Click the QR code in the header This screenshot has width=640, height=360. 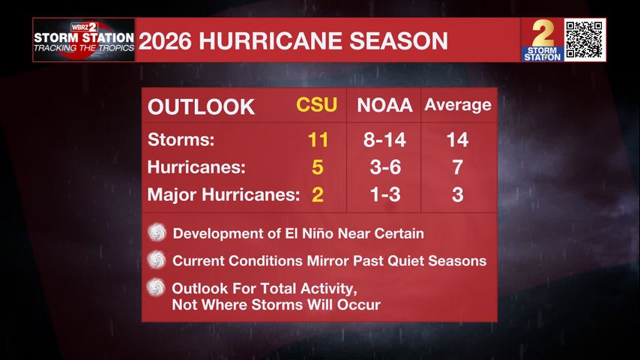tap(584, 40)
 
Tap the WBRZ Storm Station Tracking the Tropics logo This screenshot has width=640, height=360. tap(84, 40)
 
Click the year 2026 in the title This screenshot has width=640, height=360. tap(165, 40)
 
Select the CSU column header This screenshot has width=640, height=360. tap(317, 105)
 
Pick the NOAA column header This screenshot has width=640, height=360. tap(384, 105)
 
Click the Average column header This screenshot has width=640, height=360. tap(458, 105)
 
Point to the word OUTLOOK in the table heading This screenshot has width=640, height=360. tap(202, 107)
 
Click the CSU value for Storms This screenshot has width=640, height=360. tap(318, 139)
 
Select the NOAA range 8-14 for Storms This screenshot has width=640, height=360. tap(384, 139)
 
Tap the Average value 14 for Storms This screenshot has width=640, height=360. tap(458, 139)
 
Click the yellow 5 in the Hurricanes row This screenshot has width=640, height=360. tap(318, 167)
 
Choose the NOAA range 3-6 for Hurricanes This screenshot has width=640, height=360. tap(385, 167)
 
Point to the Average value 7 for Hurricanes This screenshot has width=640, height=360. tap(458, 167)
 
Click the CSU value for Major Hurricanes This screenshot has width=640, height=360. tap(318, 194)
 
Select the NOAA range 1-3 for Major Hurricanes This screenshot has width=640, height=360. tap(385, 194)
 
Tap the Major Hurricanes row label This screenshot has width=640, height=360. tap(223, 194)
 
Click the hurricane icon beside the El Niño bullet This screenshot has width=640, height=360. tap(157, 232)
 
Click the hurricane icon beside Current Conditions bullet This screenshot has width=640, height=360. tap(157, 259)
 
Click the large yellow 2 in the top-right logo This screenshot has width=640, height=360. tap(543, 34)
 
